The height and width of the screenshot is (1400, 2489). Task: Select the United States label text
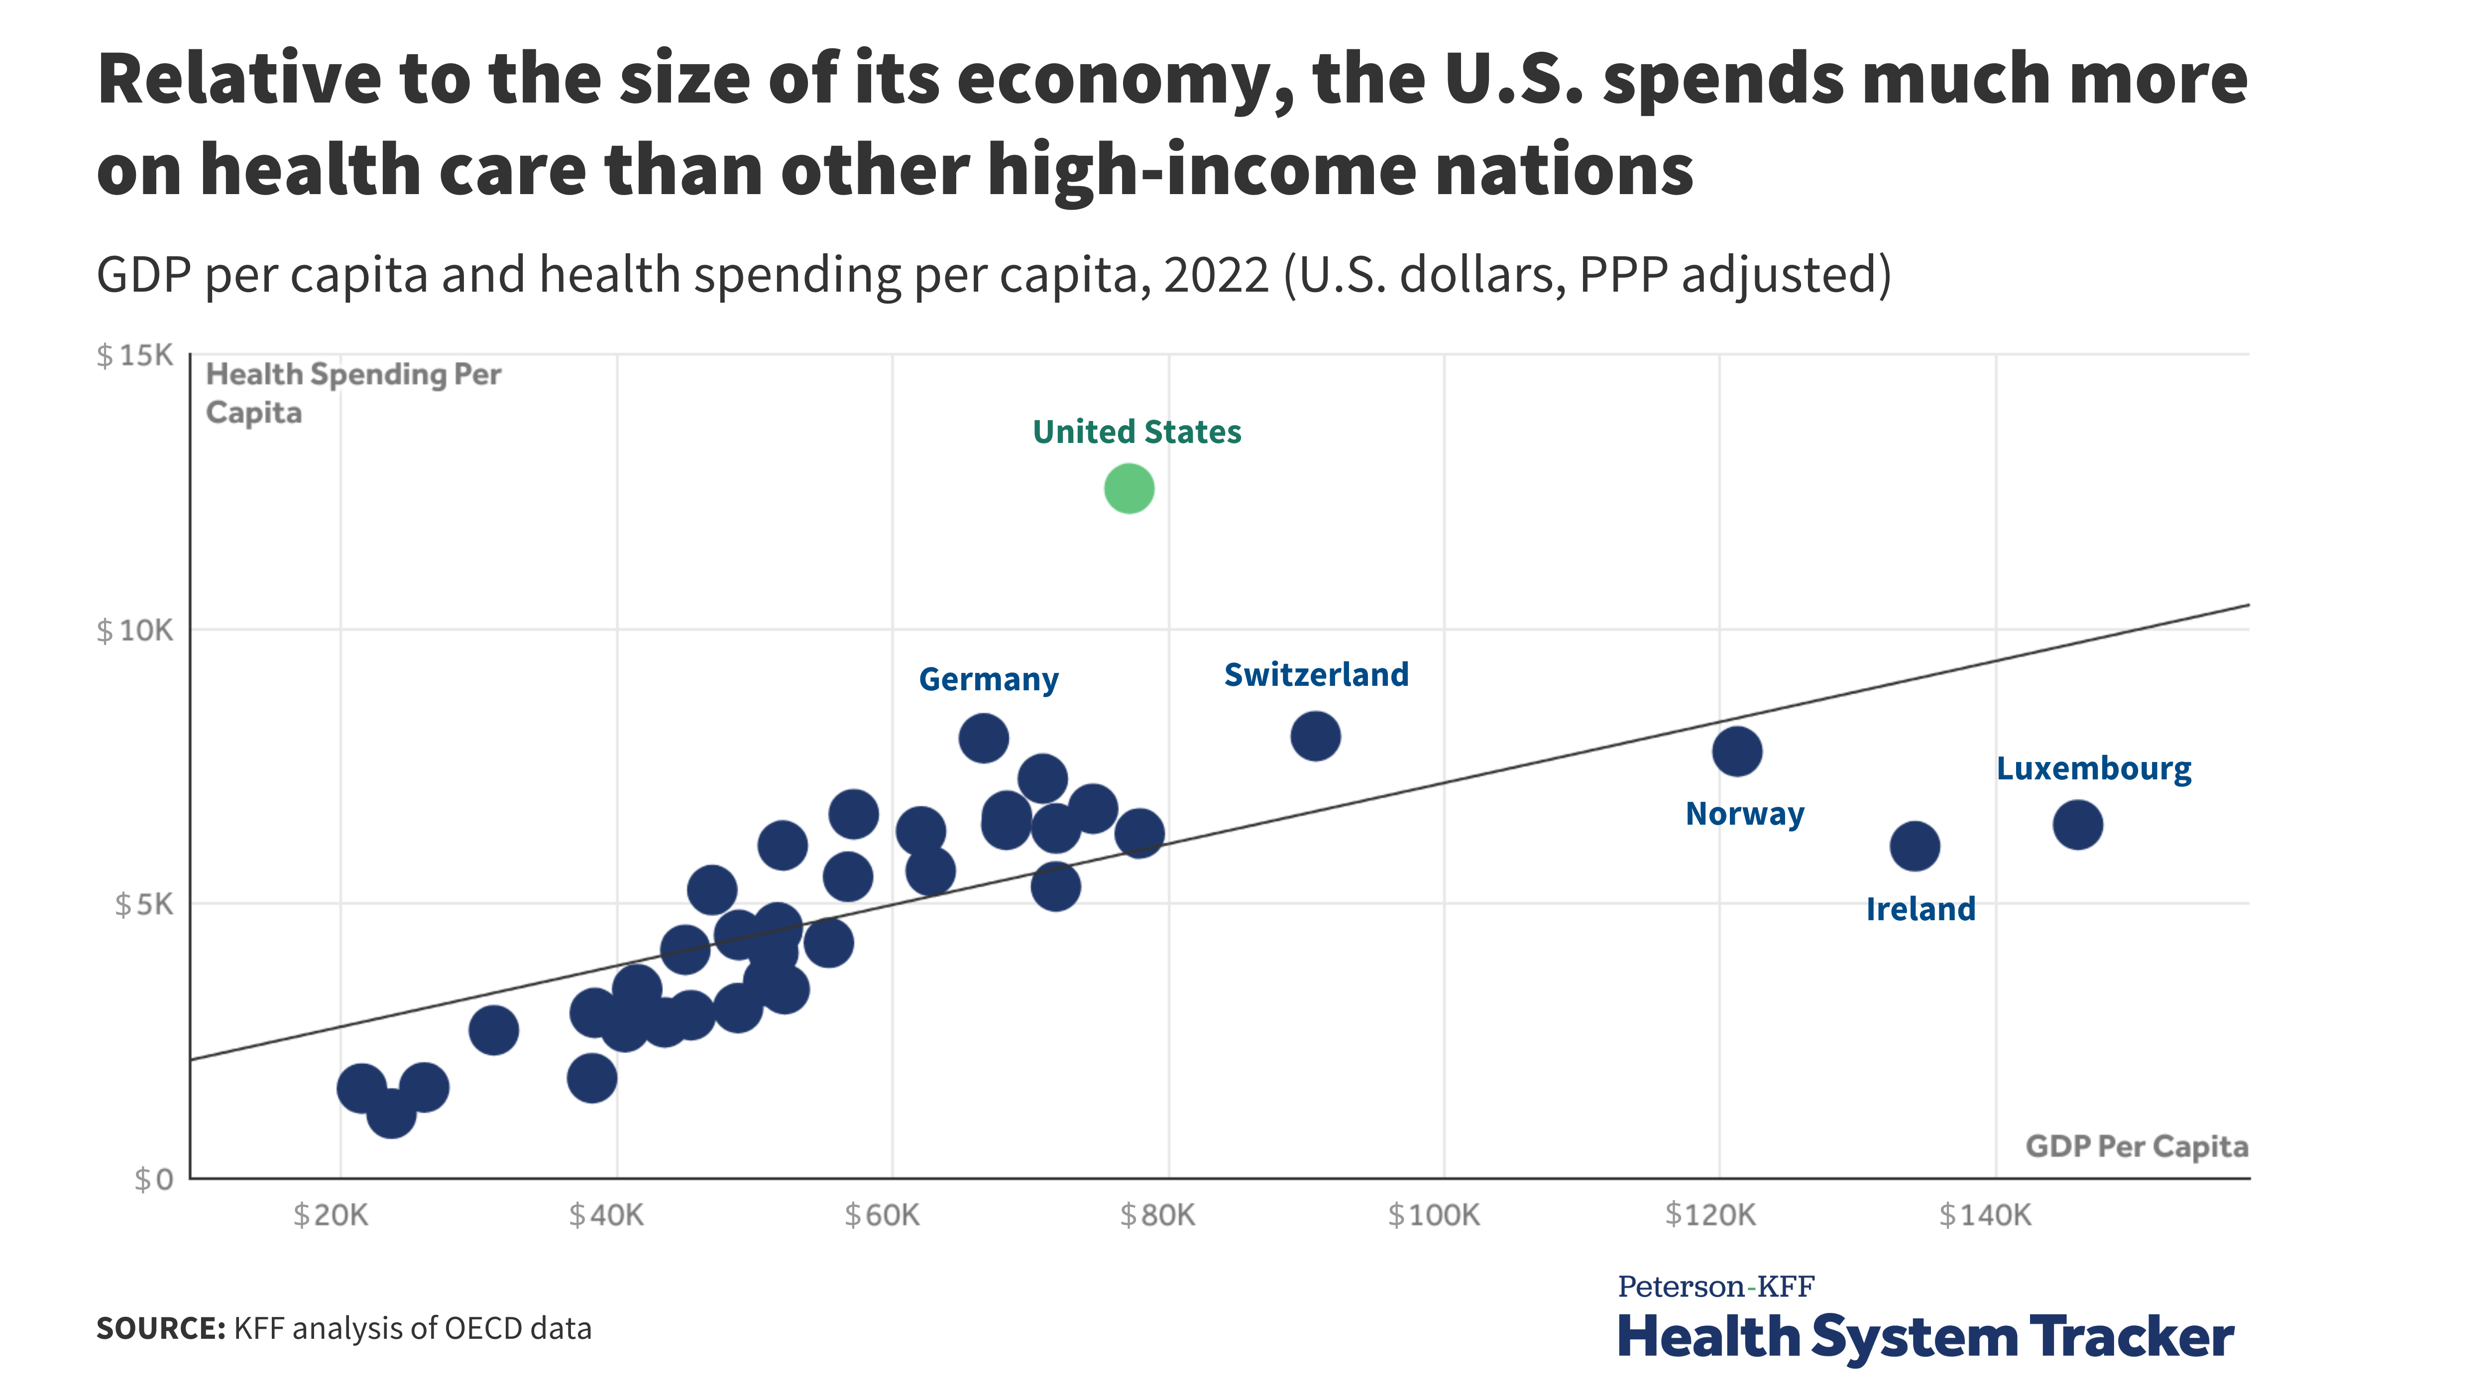[1136, 432]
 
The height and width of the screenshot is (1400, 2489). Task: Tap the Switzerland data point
[1315, 736]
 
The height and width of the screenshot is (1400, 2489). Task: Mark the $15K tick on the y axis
[134, 355]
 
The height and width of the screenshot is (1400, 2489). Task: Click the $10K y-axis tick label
[134, 631]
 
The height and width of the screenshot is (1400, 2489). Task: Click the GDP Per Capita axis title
[2137, 1147]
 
